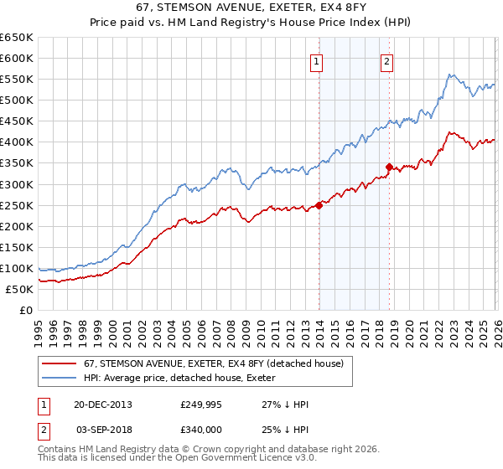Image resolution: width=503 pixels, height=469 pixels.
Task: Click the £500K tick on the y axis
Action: (x=16, y=100)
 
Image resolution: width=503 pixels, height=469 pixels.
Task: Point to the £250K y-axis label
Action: (x=16, y=205)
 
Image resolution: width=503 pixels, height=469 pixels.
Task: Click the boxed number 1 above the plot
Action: (x=317, y=60)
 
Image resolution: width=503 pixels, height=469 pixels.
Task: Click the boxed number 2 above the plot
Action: (x=386, y=60)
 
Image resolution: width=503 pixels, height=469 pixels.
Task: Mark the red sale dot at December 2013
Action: (x=319, y=204)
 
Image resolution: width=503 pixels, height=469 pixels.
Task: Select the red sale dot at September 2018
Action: (x=389, y=167)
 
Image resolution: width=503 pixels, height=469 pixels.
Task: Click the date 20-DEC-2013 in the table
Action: (x=102, y=405)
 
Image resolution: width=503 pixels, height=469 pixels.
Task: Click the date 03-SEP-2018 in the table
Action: (x=102, y=430)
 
